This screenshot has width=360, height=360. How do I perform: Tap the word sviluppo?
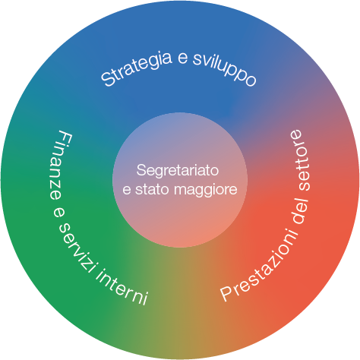pyautogui.click(x=225, y=70)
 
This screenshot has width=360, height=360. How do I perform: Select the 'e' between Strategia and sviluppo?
pyautogui.click(x=183, y=58)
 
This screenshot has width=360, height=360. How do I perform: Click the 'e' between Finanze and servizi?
pyautogui.click(x=58, y=212)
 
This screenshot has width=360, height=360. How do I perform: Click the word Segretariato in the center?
pyautogui.click(x=177, y=170)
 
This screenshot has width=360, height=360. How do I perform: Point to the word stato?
pyautogui.click(x=152, y=189)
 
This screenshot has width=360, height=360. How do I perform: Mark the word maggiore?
pyautogui.click(x=206, y=191)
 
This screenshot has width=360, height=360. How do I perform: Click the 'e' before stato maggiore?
pyautogui.click(x=127, y=191)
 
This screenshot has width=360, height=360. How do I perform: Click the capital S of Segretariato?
pyautogui.click(x=141, y=170)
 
